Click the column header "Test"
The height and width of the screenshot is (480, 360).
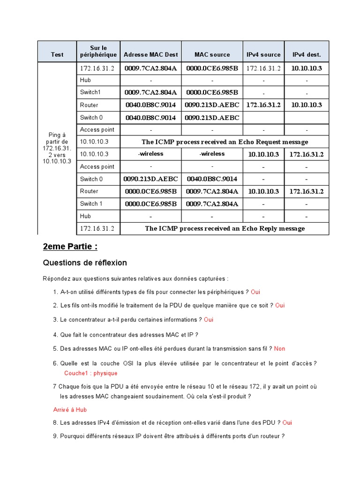pos(57,55)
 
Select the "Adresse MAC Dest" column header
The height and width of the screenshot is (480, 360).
pos(151,55)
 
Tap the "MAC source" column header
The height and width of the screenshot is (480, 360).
pos(212,55)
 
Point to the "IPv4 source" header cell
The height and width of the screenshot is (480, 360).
pos(263,55)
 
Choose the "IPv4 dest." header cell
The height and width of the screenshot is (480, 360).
pos(307,55)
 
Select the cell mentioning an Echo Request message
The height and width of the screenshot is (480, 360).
pos(225,142)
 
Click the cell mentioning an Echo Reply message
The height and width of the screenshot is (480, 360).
pos(225,228)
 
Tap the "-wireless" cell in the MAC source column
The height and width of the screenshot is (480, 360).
pos(212,154)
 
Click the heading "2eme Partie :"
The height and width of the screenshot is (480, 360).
pos(70,247)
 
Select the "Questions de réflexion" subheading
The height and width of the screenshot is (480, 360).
pos(85,262)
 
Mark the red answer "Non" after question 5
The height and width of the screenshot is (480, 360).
pos(279,348)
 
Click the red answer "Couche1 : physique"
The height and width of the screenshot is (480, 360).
pos(91,373)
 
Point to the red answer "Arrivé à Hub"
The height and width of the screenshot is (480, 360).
pos(70,409)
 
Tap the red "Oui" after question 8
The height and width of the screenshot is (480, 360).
pos(287,422)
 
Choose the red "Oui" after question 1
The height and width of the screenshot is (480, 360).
pos(255,292)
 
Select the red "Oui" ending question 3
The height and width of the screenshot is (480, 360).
pos(209,320)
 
